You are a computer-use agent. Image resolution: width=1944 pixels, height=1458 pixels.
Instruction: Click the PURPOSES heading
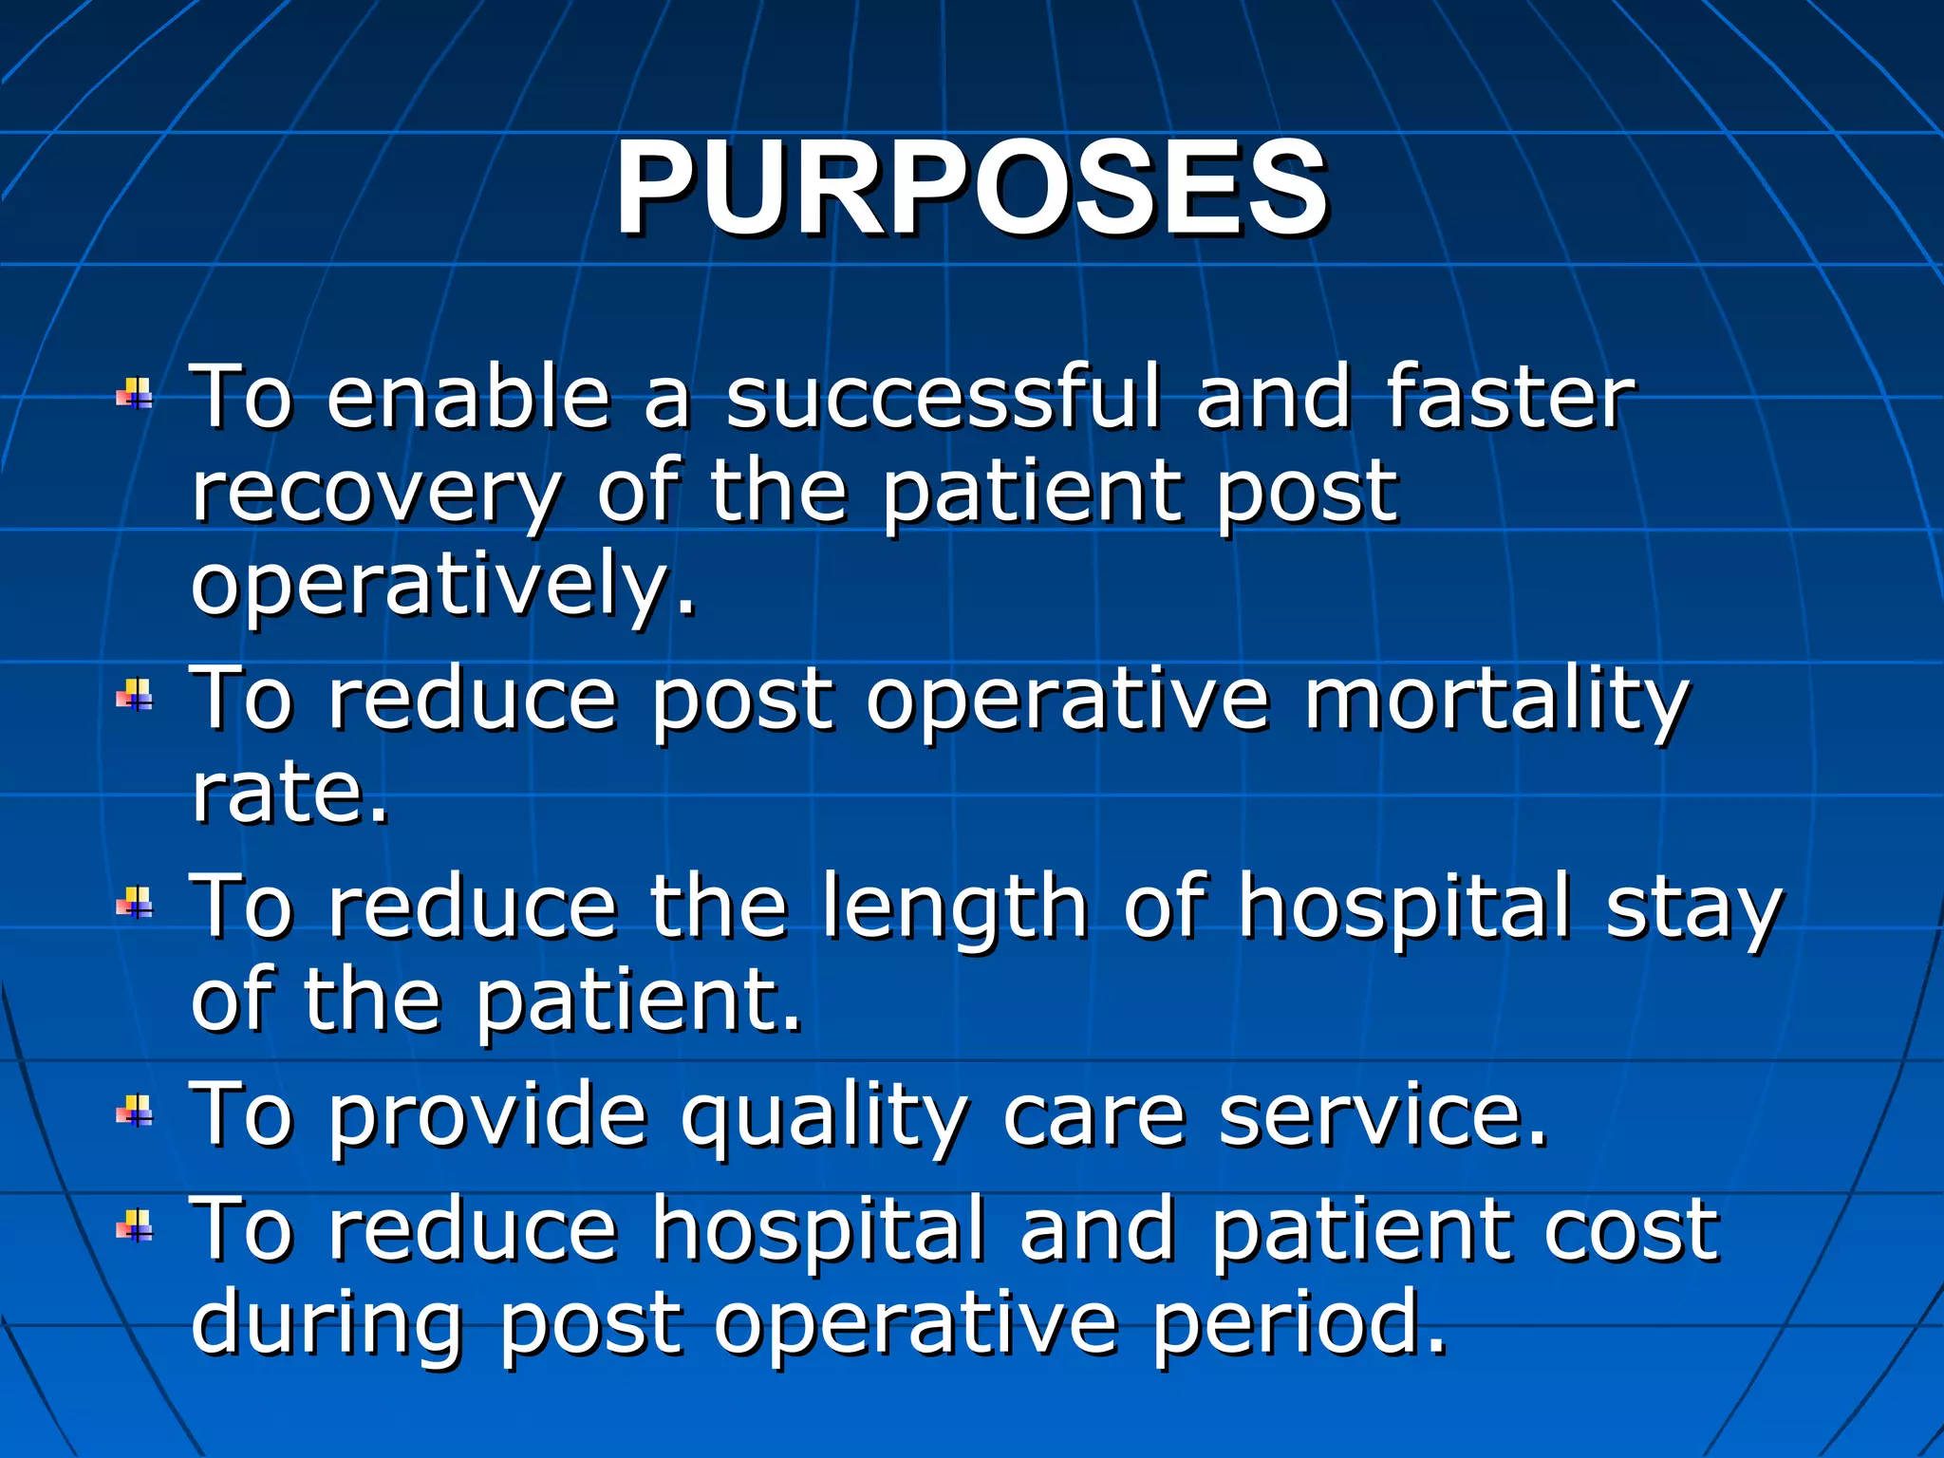coord(970,187)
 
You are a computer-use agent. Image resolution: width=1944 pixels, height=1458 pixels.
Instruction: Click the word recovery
coord(376,494)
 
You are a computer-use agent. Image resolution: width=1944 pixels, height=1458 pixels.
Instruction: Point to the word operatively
coord(442,586)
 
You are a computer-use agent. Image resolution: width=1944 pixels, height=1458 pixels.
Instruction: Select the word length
coord(953,908)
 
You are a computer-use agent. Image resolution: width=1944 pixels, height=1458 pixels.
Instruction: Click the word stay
coord(1693,908)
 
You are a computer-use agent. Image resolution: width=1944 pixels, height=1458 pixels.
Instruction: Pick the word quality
coord(824,1117)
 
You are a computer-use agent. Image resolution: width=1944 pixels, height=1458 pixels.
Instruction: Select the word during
coord(327,1325)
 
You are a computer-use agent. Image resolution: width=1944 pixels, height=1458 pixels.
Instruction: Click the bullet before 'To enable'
coord(135,393)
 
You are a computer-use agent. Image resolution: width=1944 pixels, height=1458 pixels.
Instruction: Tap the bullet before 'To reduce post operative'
coord(135,696)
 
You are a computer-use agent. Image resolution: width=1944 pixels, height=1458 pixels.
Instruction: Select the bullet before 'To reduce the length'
coord(135,904)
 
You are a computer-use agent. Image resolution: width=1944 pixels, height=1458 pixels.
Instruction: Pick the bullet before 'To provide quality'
coord(135,1112)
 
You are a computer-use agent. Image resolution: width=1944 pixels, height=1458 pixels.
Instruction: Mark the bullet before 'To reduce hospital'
coord(135,1226)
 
